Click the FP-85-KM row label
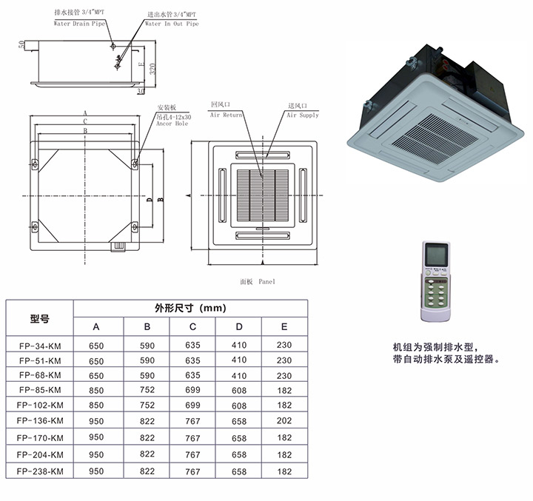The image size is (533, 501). click(39, 390)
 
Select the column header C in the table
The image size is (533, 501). click(192, 327)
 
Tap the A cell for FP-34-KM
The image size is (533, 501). click(97, 345)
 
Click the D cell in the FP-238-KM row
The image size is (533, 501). click(239, 471)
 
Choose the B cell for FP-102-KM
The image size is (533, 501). click(147, 406)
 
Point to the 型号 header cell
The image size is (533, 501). click(39, 319)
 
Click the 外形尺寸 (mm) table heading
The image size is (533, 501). click(190, 308)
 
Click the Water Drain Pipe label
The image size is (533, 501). click(81, 24)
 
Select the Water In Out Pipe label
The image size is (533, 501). click(171, 24)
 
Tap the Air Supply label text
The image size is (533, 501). click(303, 115)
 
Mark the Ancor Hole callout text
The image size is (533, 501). click(172, 124)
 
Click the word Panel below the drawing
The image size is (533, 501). click(266, 283)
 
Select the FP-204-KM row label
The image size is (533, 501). click(39, 454)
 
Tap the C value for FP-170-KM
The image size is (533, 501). click(192, 437)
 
